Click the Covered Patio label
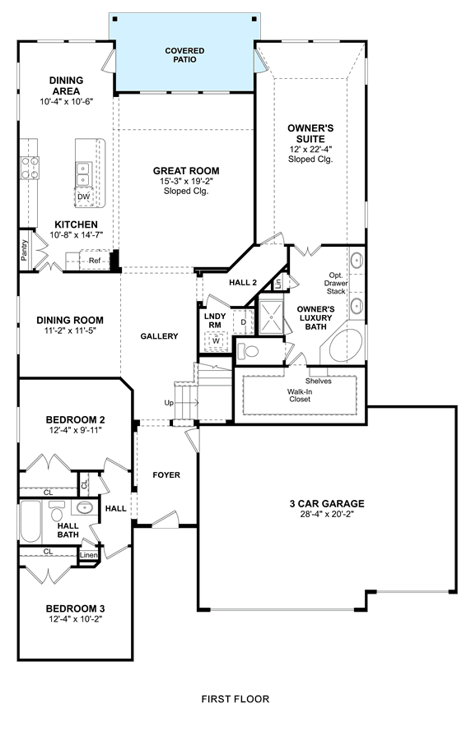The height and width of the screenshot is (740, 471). pos(184,55)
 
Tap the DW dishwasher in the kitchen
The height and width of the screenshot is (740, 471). pos(84,197)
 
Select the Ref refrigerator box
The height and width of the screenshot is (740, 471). pos(95,261)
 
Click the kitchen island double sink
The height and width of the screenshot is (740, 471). pos(84,174)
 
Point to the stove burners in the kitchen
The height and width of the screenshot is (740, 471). pos(30,168)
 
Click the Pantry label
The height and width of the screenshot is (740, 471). pos(25,250)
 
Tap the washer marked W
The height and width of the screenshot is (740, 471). pos(216,340)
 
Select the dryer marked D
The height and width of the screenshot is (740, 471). pos(244,322)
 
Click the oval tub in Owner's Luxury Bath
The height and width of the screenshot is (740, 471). pos(345,345)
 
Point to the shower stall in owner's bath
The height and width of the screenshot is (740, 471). pos(271,317)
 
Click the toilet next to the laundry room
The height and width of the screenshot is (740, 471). pos(248,351)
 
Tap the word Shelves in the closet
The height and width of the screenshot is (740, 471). pos(319,381)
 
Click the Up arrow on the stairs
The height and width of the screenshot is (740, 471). pos(187,403)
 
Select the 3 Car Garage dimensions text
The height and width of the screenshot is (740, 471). pos(327,514)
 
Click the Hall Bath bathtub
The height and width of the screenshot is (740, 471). pos(30,521)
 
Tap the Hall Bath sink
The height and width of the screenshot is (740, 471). pos(85,508)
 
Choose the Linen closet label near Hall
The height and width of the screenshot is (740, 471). pos(88,555)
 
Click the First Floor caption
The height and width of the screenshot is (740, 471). pos(235,699)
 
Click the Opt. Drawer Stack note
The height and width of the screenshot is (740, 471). pos(336,283)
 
